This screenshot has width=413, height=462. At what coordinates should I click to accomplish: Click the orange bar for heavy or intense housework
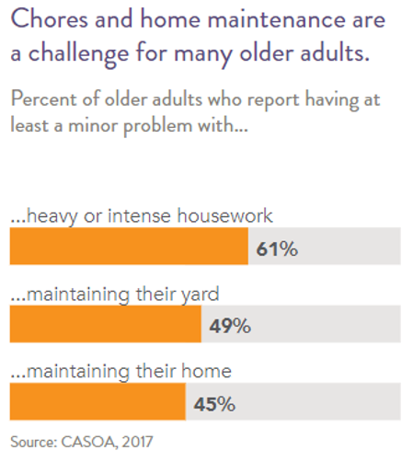click(x=129, y=246)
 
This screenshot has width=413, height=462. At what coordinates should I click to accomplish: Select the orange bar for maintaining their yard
click(x=106, y=324)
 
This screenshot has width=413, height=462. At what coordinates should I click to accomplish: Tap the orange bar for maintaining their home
click(x=98, y=401)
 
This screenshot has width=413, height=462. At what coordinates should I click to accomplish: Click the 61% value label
click(x=277, y=248)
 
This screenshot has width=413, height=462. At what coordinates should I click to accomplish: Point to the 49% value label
click(x=230, y=326)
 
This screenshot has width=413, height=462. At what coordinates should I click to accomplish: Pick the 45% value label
click(x=214, y=404)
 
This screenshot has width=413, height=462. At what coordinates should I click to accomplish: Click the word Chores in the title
click(x=50, y=19)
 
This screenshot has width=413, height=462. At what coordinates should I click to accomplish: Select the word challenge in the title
click(x=78, y=54)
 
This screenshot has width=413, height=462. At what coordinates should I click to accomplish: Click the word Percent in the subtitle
click(x=43, y=99)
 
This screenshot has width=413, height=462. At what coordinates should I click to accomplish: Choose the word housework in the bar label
click(x=224, y=215)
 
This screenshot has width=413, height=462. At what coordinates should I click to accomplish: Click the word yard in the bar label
click(x=200, y=295)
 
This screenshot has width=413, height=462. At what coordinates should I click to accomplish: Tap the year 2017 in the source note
click(x=137, y=442)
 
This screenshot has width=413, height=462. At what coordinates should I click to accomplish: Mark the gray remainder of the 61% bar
click(x=325, y=246)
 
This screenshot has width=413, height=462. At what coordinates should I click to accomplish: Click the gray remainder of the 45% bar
click(x=293, y=401)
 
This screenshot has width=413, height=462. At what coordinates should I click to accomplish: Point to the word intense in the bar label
click(x=139, y=215)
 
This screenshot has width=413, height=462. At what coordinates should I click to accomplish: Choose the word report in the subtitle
click(x=273, y=101)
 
